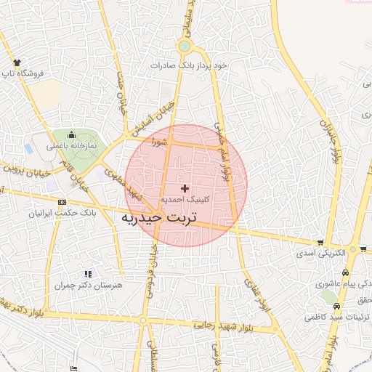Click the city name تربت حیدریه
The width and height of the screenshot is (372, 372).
[x=163, y=217]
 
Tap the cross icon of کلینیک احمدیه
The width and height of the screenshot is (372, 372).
[x=185, y=188]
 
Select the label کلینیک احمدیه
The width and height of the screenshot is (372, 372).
[x=185, y=198]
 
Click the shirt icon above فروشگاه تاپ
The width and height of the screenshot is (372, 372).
[x=17, y=62]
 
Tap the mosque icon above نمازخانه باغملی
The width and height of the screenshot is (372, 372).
[x=72, y=134]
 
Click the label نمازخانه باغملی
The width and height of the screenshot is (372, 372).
[x=72, y=145]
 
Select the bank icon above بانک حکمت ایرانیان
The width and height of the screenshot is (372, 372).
[x=61, y=202]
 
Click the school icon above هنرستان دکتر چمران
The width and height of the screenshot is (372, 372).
[x=89, y=274]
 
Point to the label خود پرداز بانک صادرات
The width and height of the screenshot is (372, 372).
[x=189, y=65]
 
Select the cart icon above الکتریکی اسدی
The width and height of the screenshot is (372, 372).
[x=320, y=243]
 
